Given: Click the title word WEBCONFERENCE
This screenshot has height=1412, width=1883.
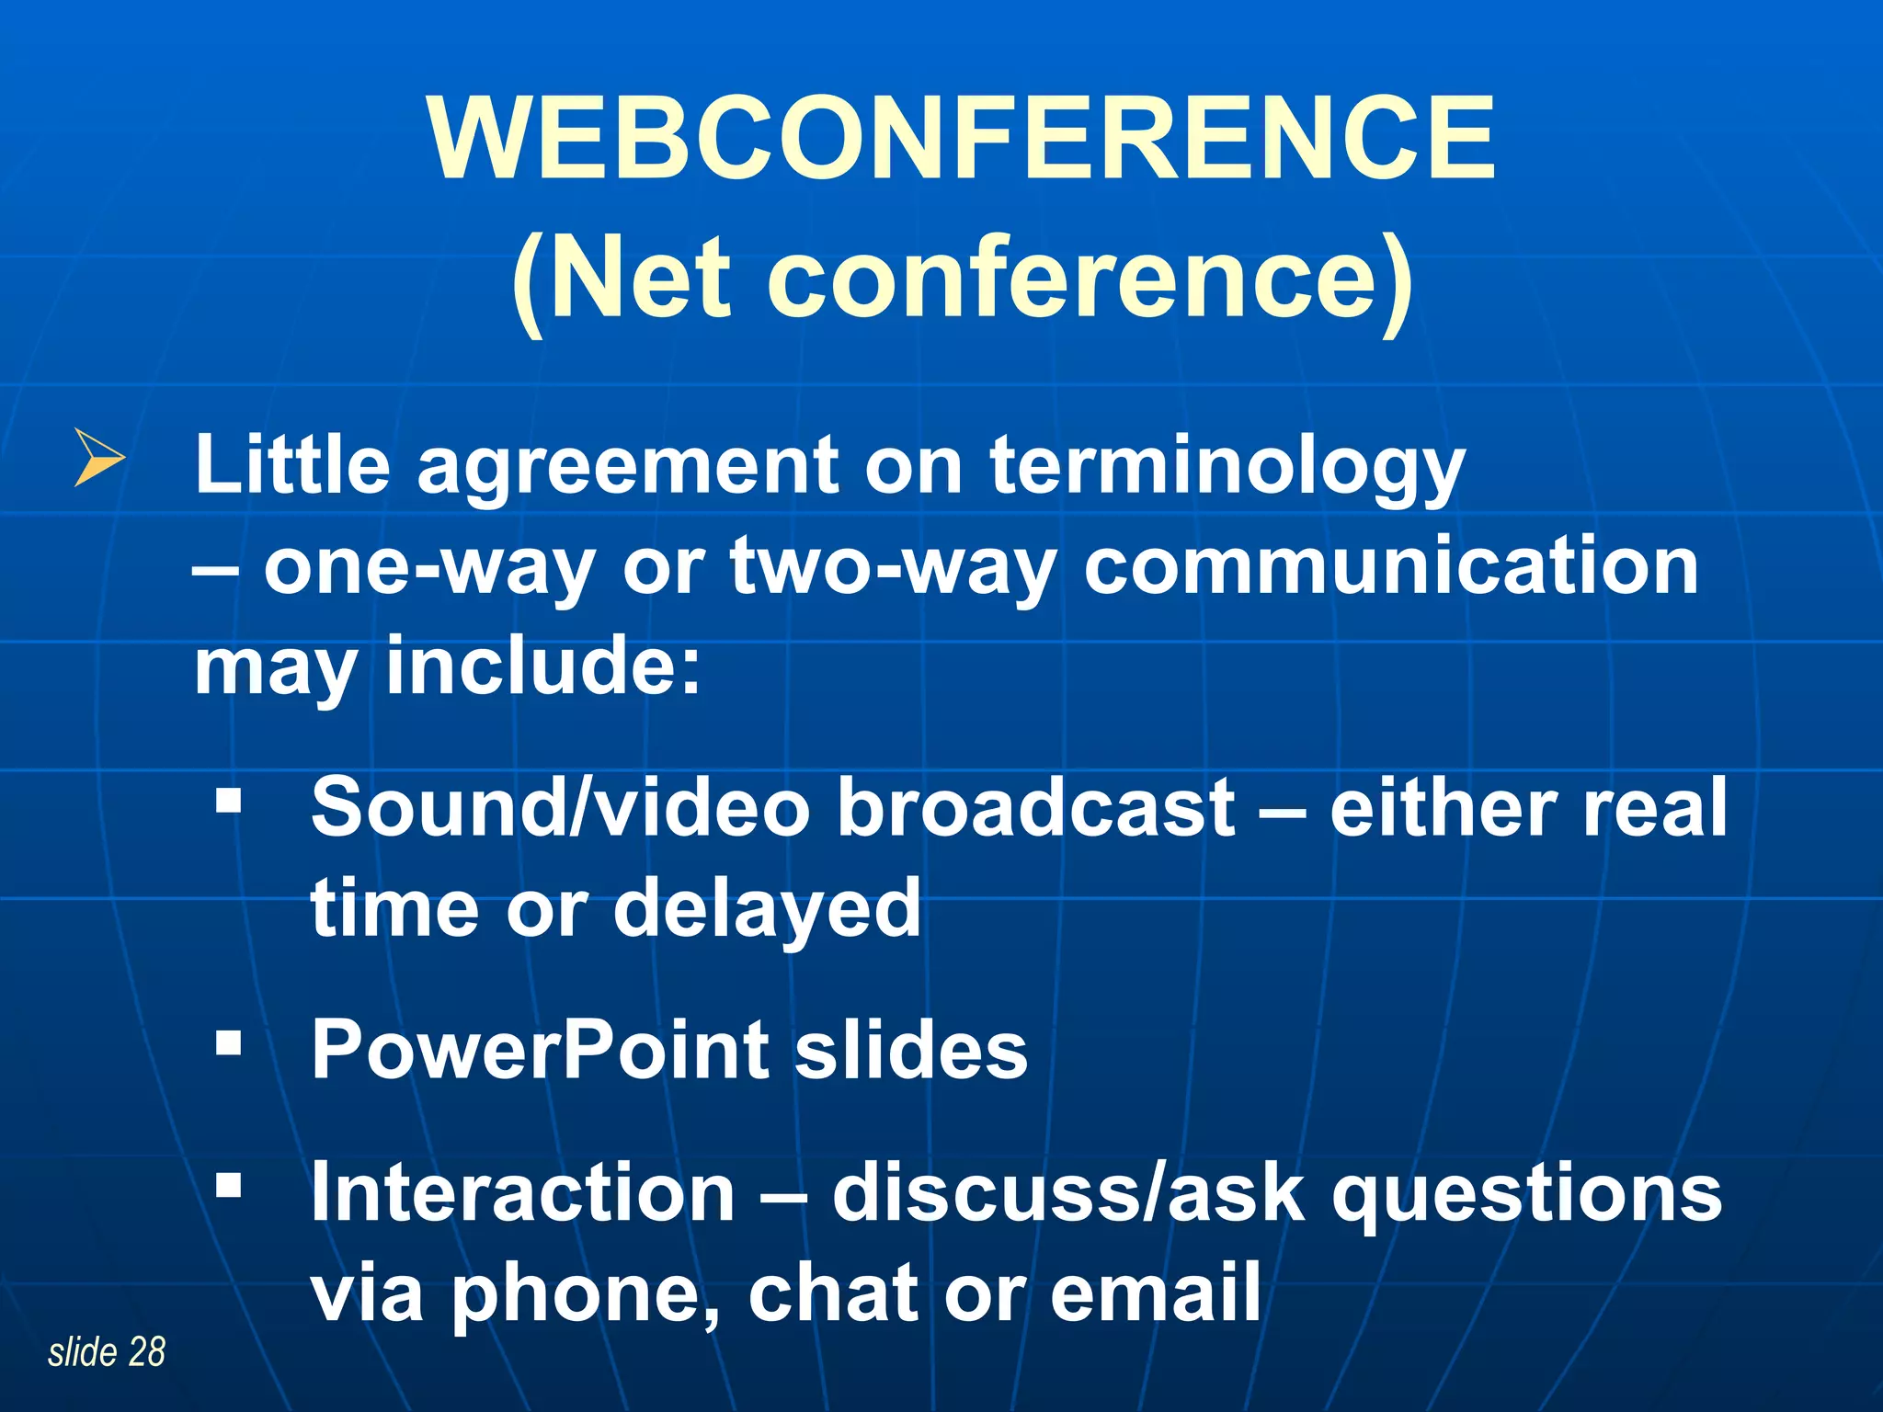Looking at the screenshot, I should click(x=962, y=140).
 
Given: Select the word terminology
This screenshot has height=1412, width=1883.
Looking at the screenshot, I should click(x=1227, y=467).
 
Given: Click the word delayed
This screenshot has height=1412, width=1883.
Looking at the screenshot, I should click(x=767, y=909).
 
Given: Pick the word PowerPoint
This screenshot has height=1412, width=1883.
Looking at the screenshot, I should click(x=540, y=1050).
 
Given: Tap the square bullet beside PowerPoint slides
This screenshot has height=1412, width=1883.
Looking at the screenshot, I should click(x=228, y=1042).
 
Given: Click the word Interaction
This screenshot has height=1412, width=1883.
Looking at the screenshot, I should click(x=523, y=1192).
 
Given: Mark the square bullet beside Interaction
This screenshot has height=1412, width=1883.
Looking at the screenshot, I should click(x=228, y=1185).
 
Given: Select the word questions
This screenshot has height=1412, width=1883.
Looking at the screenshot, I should click(x=1526, y=1194).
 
